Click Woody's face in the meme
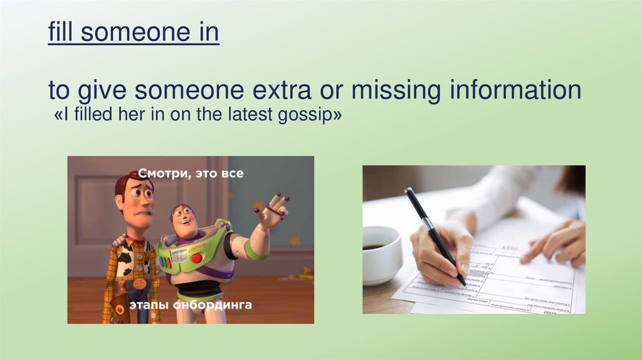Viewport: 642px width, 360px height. pos(137,199)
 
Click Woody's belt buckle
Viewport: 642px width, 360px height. pos(140,284)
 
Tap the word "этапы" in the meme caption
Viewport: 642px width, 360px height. pos(149,305)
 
